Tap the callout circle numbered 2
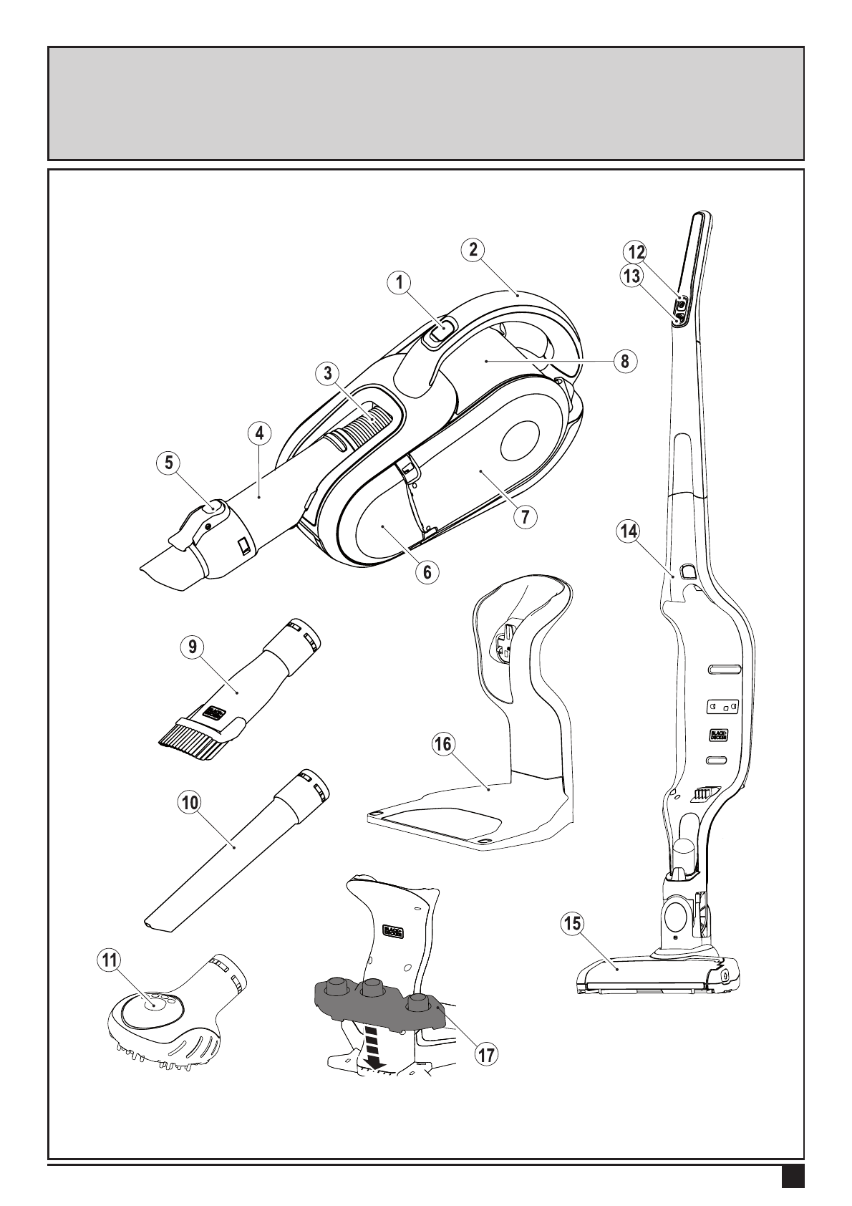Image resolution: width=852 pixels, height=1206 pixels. pyautogui.click(x=473, y=249)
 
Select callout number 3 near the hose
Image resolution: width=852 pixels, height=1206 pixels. pyautogui.click(x=327, y=372)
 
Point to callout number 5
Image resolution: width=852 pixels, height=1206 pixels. pyautogui.click(x=170, y=463)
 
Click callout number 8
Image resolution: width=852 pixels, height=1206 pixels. pyautogui.click(x=625, y=362)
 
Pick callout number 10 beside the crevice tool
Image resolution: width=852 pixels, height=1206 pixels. pyautogui.click(x=190, y=803)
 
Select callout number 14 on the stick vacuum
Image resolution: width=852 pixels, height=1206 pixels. pyautogui.click(x=629, y=531)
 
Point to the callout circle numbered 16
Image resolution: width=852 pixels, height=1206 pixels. pyautogui.click(x=443, y=744)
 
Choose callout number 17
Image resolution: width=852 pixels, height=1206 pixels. pyautogui.click(x=486, y=1054)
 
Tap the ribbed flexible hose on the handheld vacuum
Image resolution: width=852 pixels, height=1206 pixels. pyautogui.click(x=369, y=430)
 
